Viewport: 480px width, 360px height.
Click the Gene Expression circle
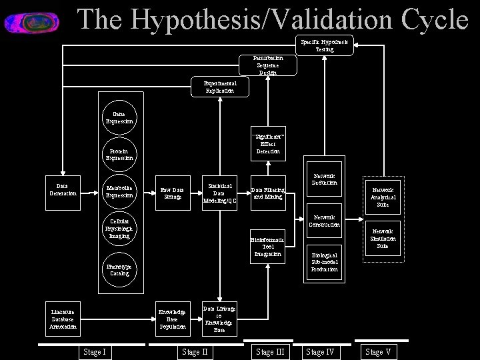(119, 118)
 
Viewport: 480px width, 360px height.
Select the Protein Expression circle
(119, 155)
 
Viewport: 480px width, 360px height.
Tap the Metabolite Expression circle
(119, 192)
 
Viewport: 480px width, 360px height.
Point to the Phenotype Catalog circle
(119, 270)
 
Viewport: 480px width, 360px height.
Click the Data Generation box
(63, 190)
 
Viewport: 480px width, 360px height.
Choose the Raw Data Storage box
(173, 193)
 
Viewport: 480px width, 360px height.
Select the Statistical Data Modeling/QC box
(220, 193)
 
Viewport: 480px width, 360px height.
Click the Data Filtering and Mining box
(268, 193)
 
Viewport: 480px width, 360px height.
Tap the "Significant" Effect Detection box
(268, 143)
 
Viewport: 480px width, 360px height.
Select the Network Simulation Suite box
(383, 238)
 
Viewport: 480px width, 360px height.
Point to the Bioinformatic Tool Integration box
(268, 247)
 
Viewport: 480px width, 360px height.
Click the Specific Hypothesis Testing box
(325, 45)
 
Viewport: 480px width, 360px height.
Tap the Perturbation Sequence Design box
(268, 65)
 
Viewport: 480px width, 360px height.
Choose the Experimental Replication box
(220, 87)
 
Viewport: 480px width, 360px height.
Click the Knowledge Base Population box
(173, 319)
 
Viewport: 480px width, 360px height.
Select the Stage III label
(270, 352)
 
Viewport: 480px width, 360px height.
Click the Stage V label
(378, 352)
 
